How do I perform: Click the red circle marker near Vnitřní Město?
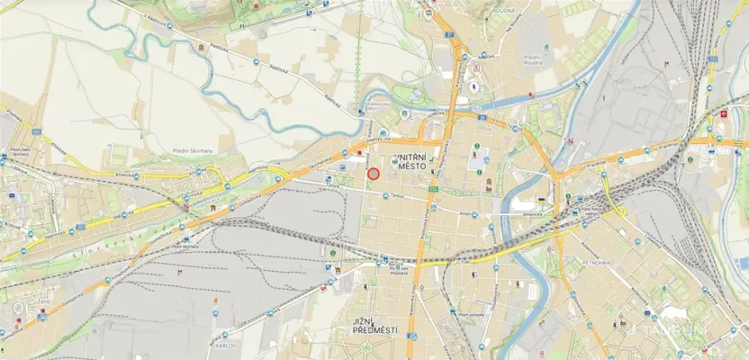click(x=373, y=173)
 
